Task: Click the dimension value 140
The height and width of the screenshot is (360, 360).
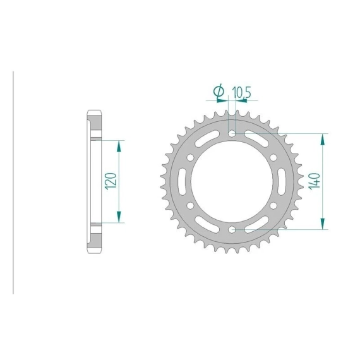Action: [315, 181]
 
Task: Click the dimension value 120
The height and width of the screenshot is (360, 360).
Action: [111, 181]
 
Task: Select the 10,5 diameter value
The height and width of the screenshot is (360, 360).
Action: [241, 92]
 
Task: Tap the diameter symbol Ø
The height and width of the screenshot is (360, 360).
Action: [219, 91]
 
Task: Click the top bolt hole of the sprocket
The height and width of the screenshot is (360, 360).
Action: [232, 133]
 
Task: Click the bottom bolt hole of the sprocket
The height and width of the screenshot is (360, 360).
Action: [232, 229]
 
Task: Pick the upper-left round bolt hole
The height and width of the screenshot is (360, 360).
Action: [190, 157]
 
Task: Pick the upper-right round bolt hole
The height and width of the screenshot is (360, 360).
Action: [273, 157]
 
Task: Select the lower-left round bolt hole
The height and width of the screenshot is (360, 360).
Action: [190, 205]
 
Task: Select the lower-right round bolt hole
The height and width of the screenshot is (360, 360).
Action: [273, 205]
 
